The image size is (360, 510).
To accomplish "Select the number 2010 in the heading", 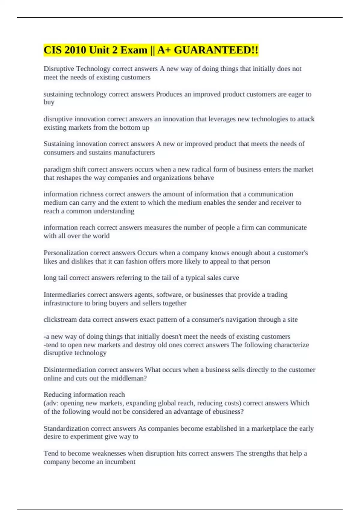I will pyautogui.click(x=73, y=50).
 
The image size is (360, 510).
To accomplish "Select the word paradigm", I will pyautogui.click(x=57, y=169).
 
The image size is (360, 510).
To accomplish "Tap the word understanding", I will pyautogui.click(x=114, y=211).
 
